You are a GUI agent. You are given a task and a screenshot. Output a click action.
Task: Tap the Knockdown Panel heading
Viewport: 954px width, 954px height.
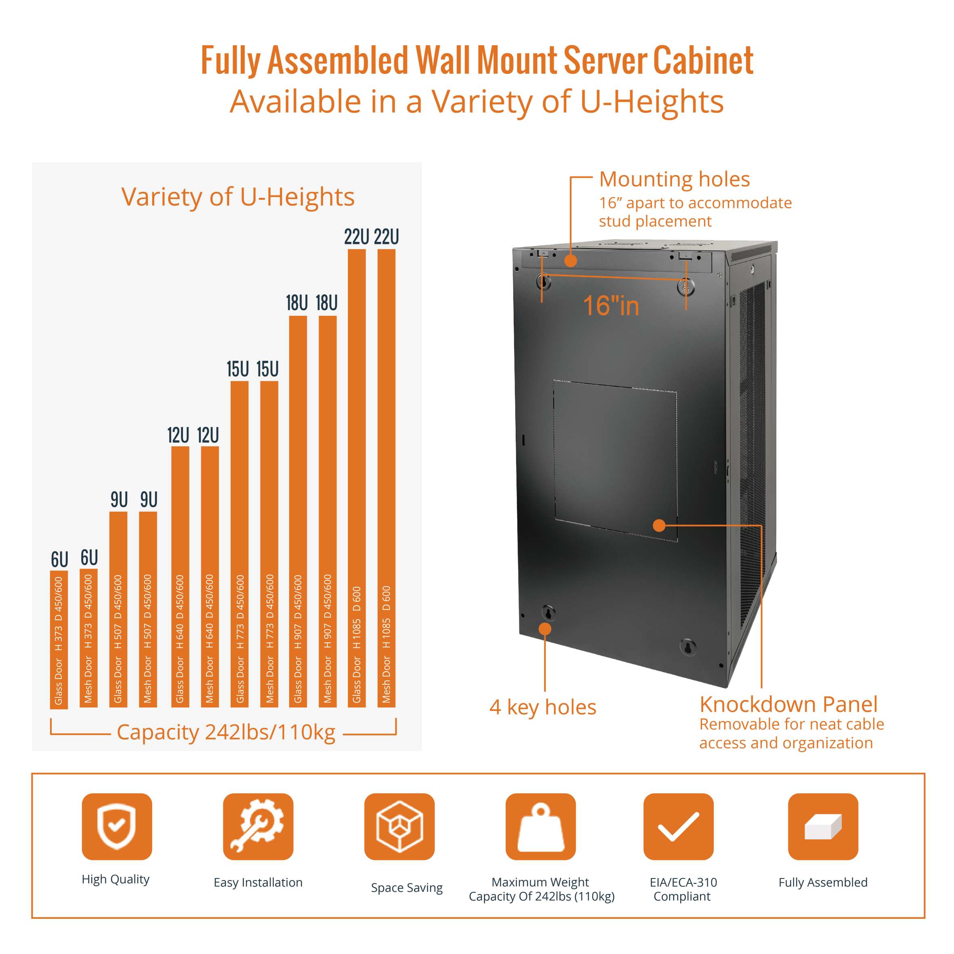[788, 704]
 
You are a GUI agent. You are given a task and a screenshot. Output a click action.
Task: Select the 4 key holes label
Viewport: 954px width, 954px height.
[543, 707]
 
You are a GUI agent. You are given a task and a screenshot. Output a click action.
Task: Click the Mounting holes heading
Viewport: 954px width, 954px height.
[674, 179]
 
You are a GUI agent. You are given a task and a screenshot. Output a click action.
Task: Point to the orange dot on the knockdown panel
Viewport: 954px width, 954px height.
[659, 525]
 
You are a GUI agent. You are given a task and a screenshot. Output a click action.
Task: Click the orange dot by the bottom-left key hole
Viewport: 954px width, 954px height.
[544, 628]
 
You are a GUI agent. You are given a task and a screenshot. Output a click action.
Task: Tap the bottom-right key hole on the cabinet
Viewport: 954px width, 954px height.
[687, 646]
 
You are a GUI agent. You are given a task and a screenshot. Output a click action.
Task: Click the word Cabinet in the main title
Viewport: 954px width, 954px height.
[704, 60]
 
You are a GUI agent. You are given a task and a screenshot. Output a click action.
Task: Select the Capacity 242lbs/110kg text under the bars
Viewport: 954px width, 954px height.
[226, 732]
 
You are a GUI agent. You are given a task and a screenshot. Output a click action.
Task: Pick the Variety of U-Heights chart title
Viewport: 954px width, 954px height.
[237, 197]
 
